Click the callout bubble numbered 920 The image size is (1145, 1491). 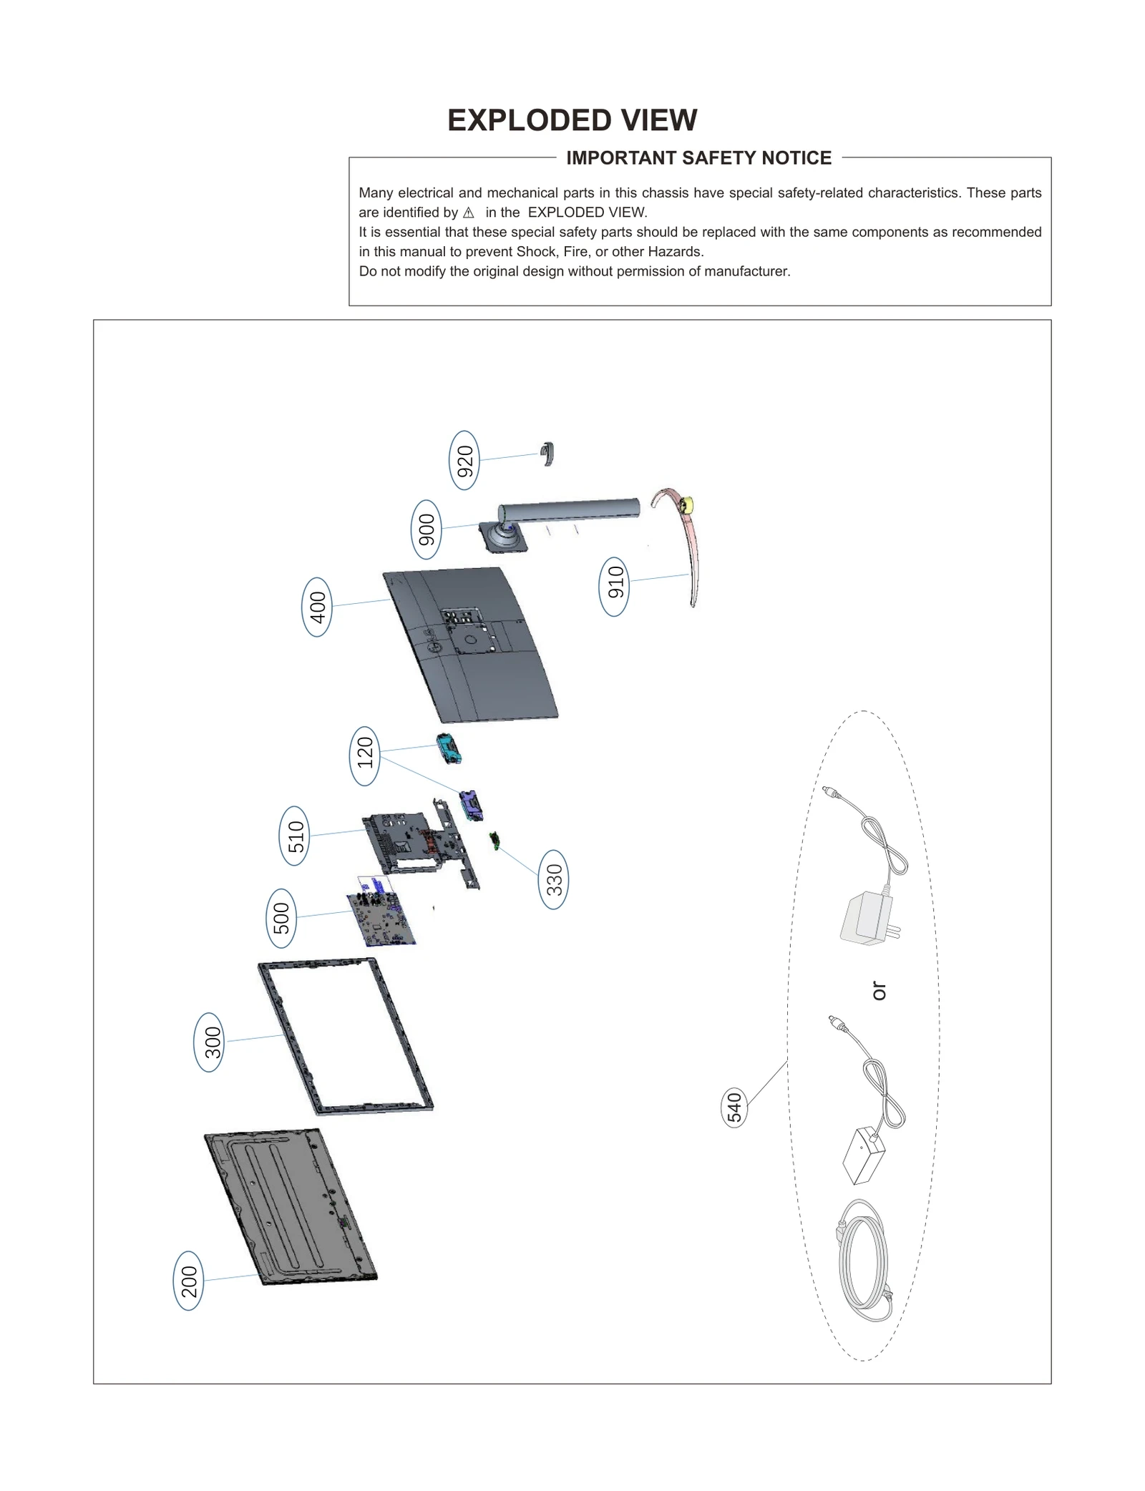point(464,460)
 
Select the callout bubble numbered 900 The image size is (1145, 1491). point(426,529)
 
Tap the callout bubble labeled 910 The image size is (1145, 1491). point(614,587)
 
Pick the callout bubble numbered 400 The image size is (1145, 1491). point(317,607)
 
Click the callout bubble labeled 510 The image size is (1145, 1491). point(294,836)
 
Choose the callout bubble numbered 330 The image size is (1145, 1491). point(553,879)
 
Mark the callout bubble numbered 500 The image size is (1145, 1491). point(281,918)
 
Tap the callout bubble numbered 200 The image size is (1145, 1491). point(188,1281)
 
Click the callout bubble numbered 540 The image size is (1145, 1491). point(734,1107)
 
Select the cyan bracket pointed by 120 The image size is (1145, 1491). point(449,748)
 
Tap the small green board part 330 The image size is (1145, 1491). point(494,841)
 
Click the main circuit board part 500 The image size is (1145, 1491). point(381,919)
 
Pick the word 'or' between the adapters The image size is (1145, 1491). point(879,991)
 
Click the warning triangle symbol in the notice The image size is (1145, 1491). point(469,212)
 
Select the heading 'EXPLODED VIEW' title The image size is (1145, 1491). point(572,120)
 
